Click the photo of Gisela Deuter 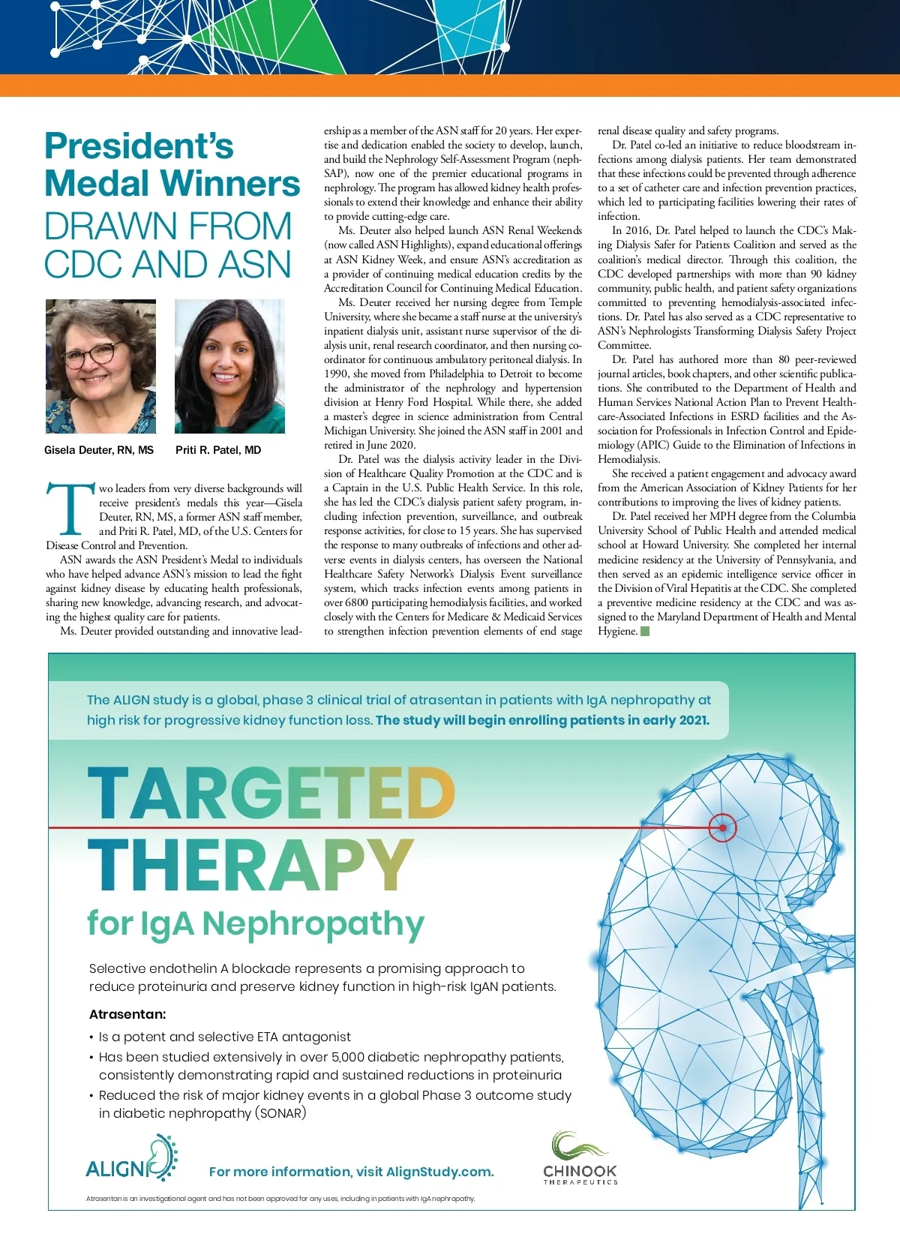[100, 366]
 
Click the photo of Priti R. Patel [229, 366]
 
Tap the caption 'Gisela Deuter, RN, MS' [99, 450]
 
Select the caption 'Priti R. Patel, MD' [218, 450]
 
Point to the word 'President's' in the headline [139, 146]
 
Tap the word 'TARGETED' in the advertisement [271, 794]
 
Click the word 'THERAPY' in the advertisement [250, 865]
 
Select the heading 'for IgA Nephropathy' [255, 923]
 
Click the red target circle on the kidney [722, 828]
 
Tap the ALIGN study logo [131, 1160]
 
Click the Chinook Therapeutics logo [580, 1159]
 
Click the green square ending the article [645, 631]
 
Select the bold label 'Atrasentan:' [127, 1014]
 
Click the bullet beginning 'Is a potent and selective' [225, 1037]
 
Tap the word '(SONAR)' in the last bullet [281, 1113]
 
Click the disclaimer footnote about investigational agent [280, 1199]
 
